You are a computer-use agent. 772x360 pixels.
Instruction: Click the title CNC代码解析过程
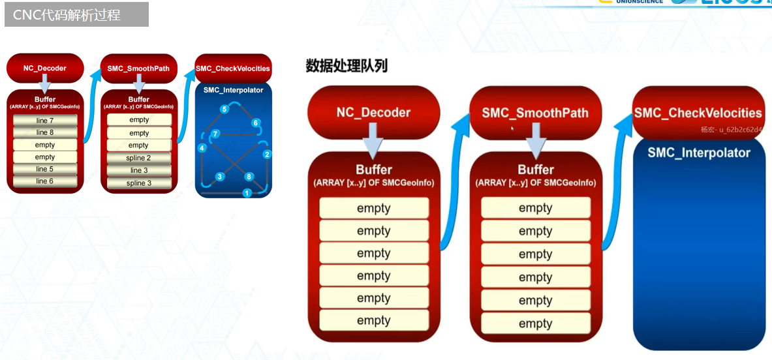click(x=67, y=14)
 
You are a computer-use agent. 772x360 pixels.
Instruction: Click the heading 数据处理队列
click(x=347, y=65)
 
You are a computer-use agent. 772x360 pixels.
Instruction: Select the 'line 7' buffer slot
click(x=45, y=121)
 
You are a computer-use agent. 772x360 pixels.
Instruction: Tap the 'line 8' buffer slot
click(x=45, y=132)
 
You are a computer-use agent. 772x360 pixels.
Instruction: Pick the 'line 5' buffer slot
click(x=45, y=169)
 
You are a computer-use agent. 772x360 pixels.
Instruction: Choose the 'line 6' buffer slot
click(x=45, y=181)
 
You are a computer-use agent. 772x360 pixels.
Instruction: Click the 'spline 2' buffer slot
click(x=138, y=158)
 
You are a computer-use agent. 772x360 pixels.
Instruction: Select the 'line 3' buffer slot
click(x=138, y=170)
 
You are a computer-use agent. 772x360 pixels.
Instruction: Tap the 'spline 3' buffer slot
click(x=138, y=183)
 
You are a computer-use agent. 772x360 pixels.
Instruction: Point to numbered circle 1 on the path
click(x=247, y=193)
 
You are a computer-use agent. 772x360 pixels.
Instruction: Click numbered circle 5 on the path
click(x=224, y=109)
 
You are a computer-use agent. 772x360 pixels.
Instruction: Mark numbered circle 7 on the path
click(x=215, y=134)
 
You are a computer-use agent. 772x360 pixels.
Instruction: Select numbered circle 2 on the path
click(x=266, y=155)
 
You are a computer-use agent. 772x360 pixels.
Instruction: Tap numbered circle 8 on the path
click(x=249, y=177)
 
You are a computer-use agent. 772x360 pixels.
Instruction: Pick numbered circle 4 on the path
click(x=202, y=148)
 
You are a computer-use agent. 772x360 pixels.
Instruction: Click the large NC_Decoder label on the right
click(x=373, y=112)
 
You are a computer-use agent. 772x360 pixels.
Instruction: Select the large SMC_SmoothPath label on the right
click(x=535, y=113)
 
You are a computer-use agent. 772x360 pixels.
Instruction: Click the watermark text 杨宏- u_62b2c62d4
click(x=731, y=129)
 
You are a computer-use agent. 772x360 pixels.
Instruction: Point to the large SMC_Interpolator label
click(x=699, y=153)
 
